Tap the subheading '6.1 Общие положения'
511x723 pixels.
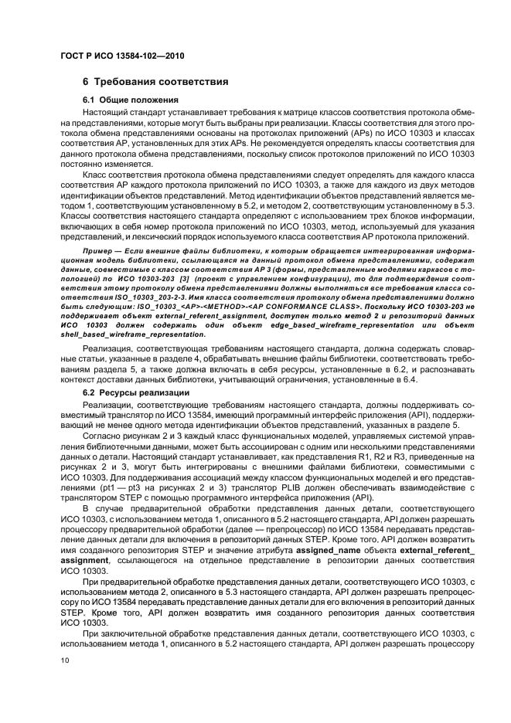click(131, 100)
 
